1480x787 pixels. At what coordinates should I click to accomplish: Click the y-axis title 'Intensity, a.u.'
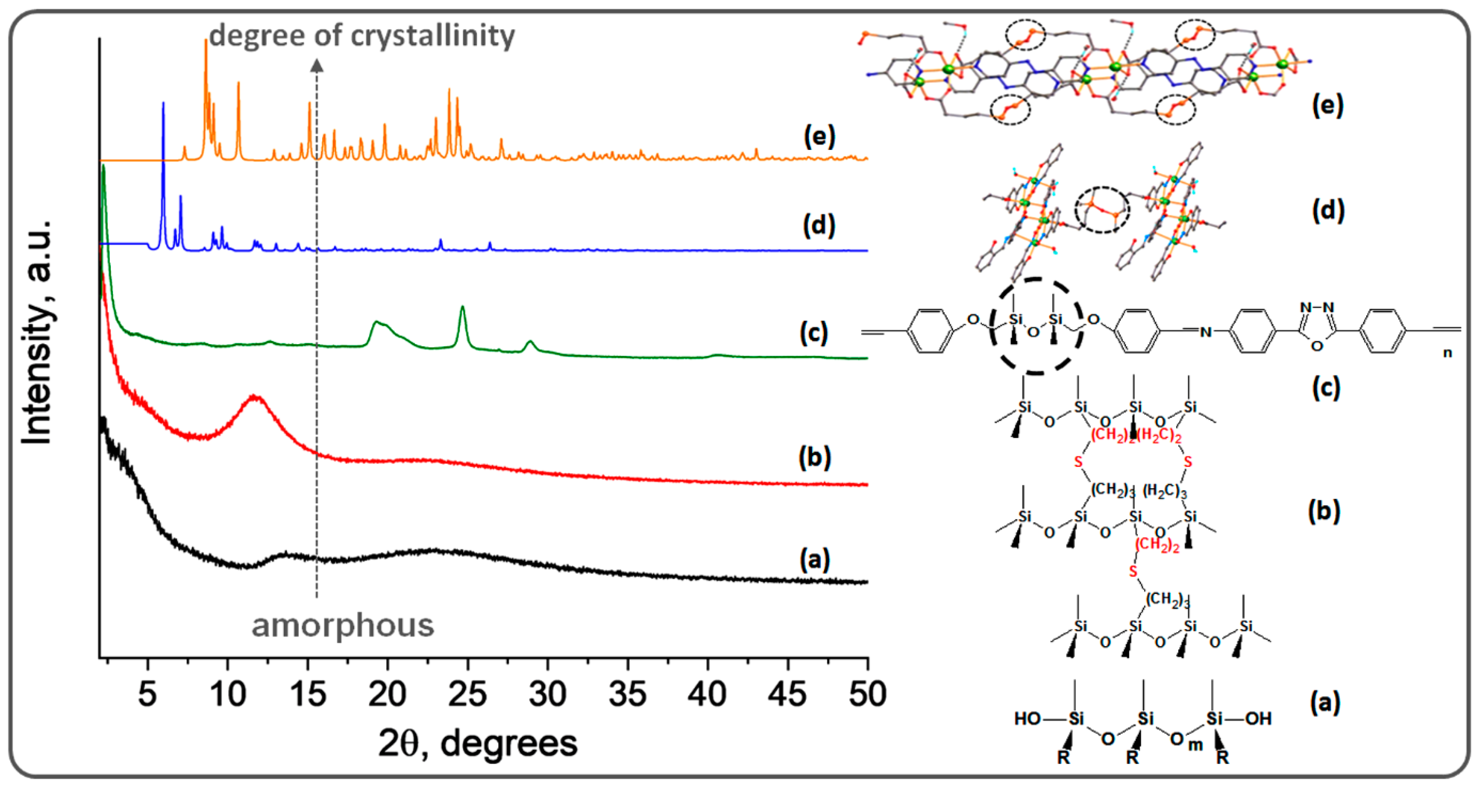click(x=37, y=333)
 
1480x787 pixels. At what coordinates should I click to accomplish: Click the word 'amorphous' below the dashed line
click(x=343, y=625)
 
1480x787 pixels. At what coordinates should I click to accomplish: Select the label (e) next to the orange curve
click(x=819, y=137)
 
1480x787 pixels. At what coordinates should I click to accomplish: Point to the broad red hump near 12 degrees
click(x=255, y=398)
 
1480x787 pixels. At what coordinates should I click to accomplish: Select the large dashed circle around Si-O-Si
click(x=1036, y=326)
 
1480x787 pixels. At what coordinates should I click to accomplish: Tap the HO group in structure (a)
click(x=1027, y=719)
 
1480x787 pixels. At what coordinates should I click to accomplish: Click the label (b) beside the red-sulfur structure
click(x=1324, y=511)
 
